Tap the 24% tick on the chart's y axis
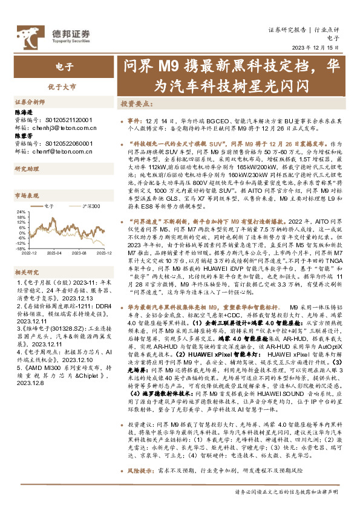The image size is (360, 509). (x=20, y=212)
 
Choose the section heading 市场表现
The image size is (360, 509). (x=27, y=196)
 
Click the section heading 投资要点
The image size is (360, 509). (x=136, y=103)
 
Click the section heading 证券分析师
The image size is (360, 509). (x=29, y=102)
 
